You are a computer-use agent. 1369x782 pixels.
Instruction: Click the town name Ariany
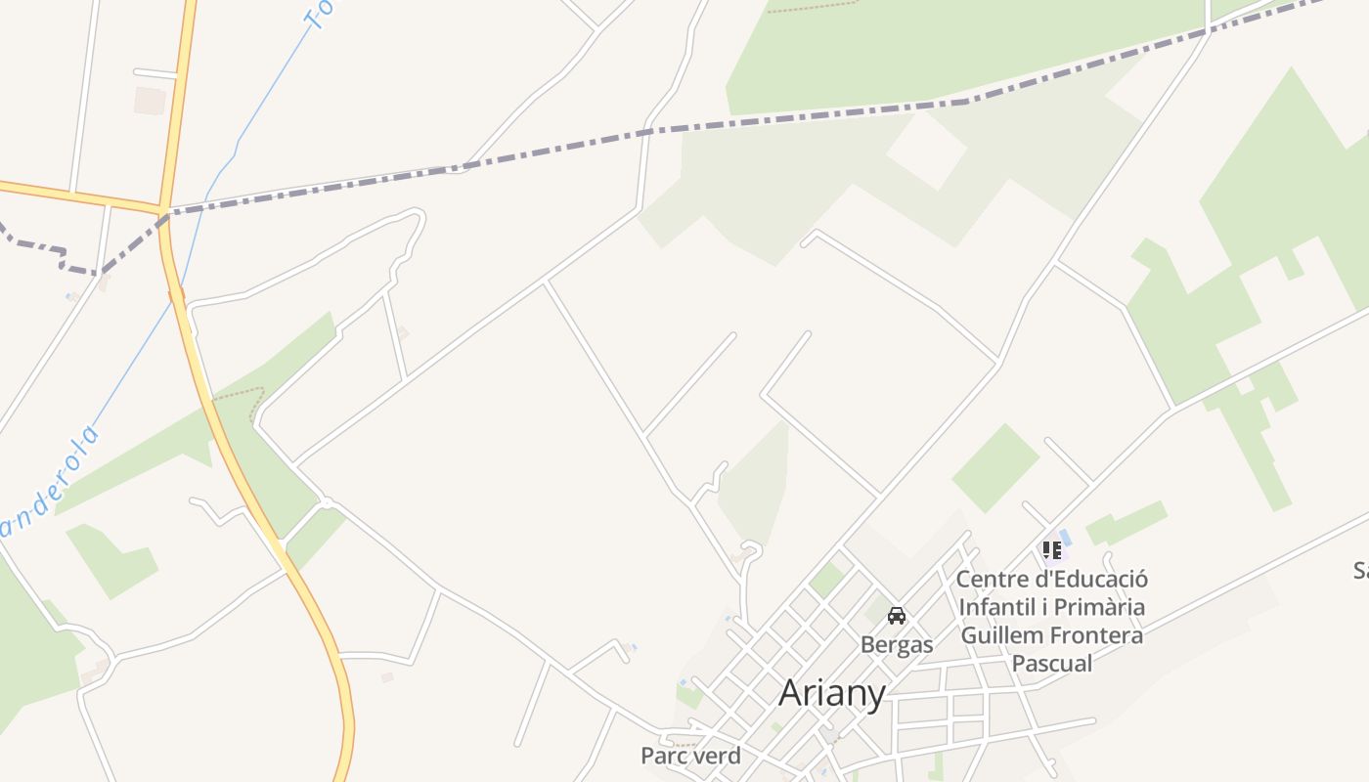click(832, 693)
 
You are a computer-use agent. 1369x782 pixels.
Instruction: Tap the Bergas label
click(897, 645)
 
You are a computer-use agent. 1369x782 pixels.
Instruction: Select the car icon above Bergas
click(897, 616)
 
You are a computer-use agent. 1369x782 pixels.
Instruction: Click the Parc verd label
click(690, 756)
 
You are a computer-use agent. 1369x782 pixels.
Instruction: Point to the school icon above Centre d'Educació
click(1052, 550)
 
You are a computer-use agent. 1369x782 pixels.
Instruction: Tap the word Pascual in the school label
click(1052, 664)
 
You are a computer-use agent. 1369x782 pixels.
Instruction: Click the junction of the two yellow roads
click(161, 208)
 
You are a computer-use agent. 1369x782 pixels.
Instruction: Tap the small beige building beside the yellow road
click(150, 101)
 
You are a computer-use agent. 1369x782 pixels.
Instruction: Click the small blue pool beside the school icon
click(1066, 537)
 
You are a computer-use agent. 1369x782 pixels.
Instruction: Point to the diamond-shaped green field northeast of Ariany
click(995, 467)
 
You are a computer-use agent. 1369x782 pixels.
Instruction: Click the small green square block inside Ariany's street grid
click(826, 580)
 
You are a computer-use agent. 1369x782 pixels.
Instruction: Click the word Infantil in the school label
click(994, 607)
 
